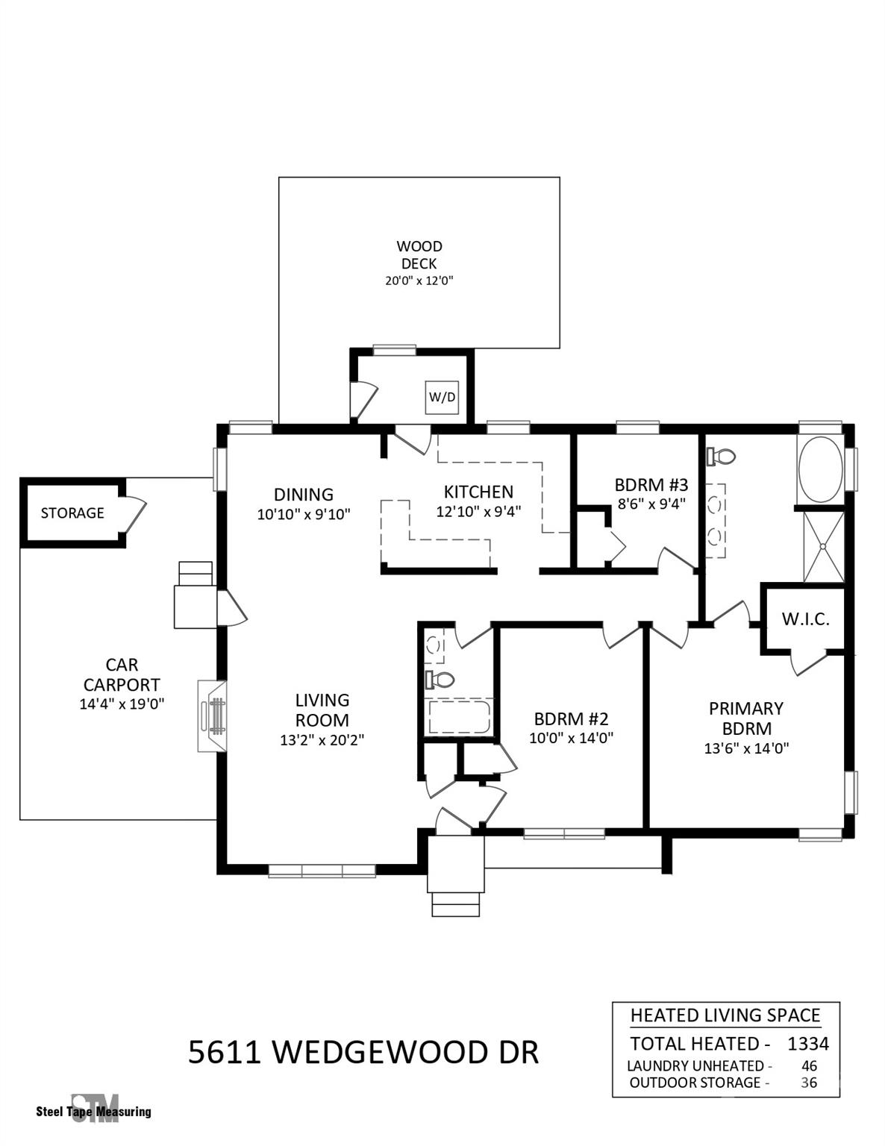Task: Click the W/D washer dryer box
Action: coord(441,397)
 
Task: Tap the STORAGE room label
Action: coord(72,513)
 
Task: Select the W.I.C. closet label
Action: coord(805,619)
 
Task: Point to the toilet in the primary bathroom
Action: coord(722,455)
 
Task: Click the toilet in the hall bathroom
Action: coord(440,679)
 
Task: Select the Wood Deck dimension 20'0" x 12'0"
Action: coord(419,281)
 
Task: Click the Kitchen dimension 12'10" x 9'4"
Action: coord(478,512)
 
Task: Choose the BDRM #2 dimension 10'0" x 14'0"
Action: coord(571,739)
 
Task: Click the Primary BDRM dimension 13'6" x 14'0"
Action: coord(746,748)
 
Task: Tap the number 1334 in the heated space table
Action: coord(807,1043)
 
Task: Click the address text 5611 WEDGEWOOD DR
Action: coord(363,1052)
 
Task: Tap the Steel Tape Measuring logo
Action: coord(94,1109)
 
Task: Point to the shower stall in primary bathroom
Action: coord(823,547)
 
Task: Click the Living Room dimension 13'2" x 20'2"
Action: coord(322,740)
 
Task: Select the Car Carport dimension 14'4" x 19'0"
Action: coord(122,704)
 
